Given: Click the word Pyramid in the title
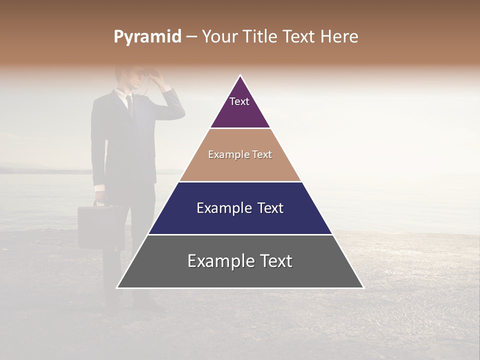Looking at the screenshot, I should [147, 37].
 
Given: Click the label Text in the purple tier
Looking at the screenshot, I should [239, 101].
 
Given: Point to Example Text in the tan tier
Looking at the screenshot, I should [240, 154].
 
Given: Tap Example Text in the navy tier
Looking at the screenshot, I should [240, 208].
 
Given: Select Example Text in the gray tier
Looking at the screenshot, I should [240, 261].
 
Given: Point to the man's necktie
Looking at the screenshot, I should [129, 105].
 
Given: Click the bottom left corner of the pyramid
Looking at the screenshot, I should [117, 287].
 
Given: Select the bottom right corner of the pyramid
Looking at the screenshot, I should [363, 287].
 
